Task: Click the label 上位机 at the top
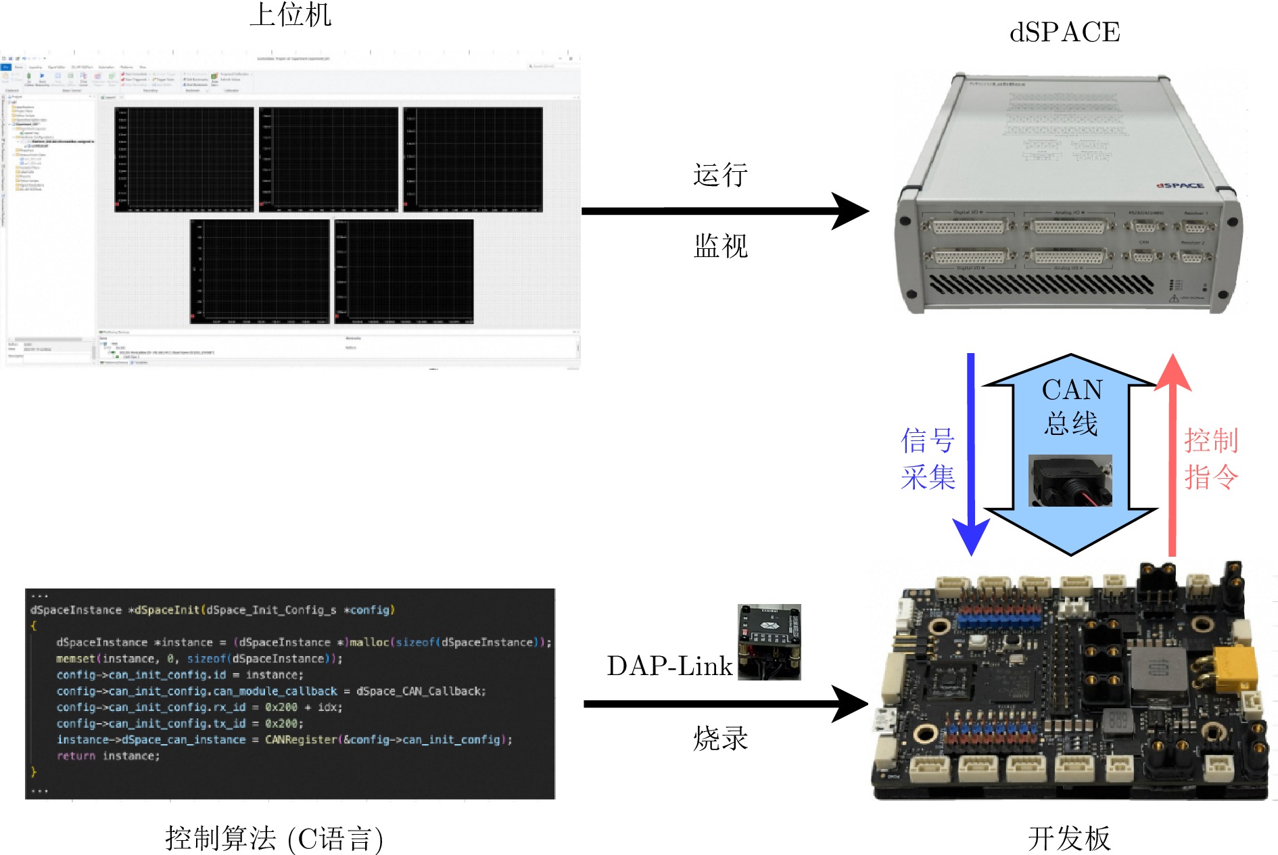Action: pos(291,15)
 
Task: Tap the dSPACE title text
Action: pos(1064,32)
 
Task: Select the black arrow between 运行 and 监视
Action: pos(724,211)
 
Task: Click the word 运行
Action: pos(720,175)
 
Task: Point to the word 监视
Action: pos(720,246)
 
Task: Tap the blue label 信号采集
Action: pos(928,459)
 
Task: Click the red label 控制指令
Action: pos(1211,459)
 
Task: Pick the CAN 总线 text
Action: pos(1071,406)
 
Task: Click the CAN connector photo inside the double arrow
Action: pos(1070,481)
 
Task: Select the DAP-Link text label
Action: pos(669,666)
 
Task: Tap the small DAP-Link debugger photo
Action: pos(769,642)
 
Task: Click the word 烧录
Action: pos(720,739)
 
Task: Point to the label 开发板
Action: pos(1069,839)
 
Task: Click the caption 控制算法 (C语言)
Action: pos(274,839)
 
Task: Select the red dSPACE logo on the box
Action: pos(1180,185)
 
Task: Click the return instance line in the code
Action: pos(108,756)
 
